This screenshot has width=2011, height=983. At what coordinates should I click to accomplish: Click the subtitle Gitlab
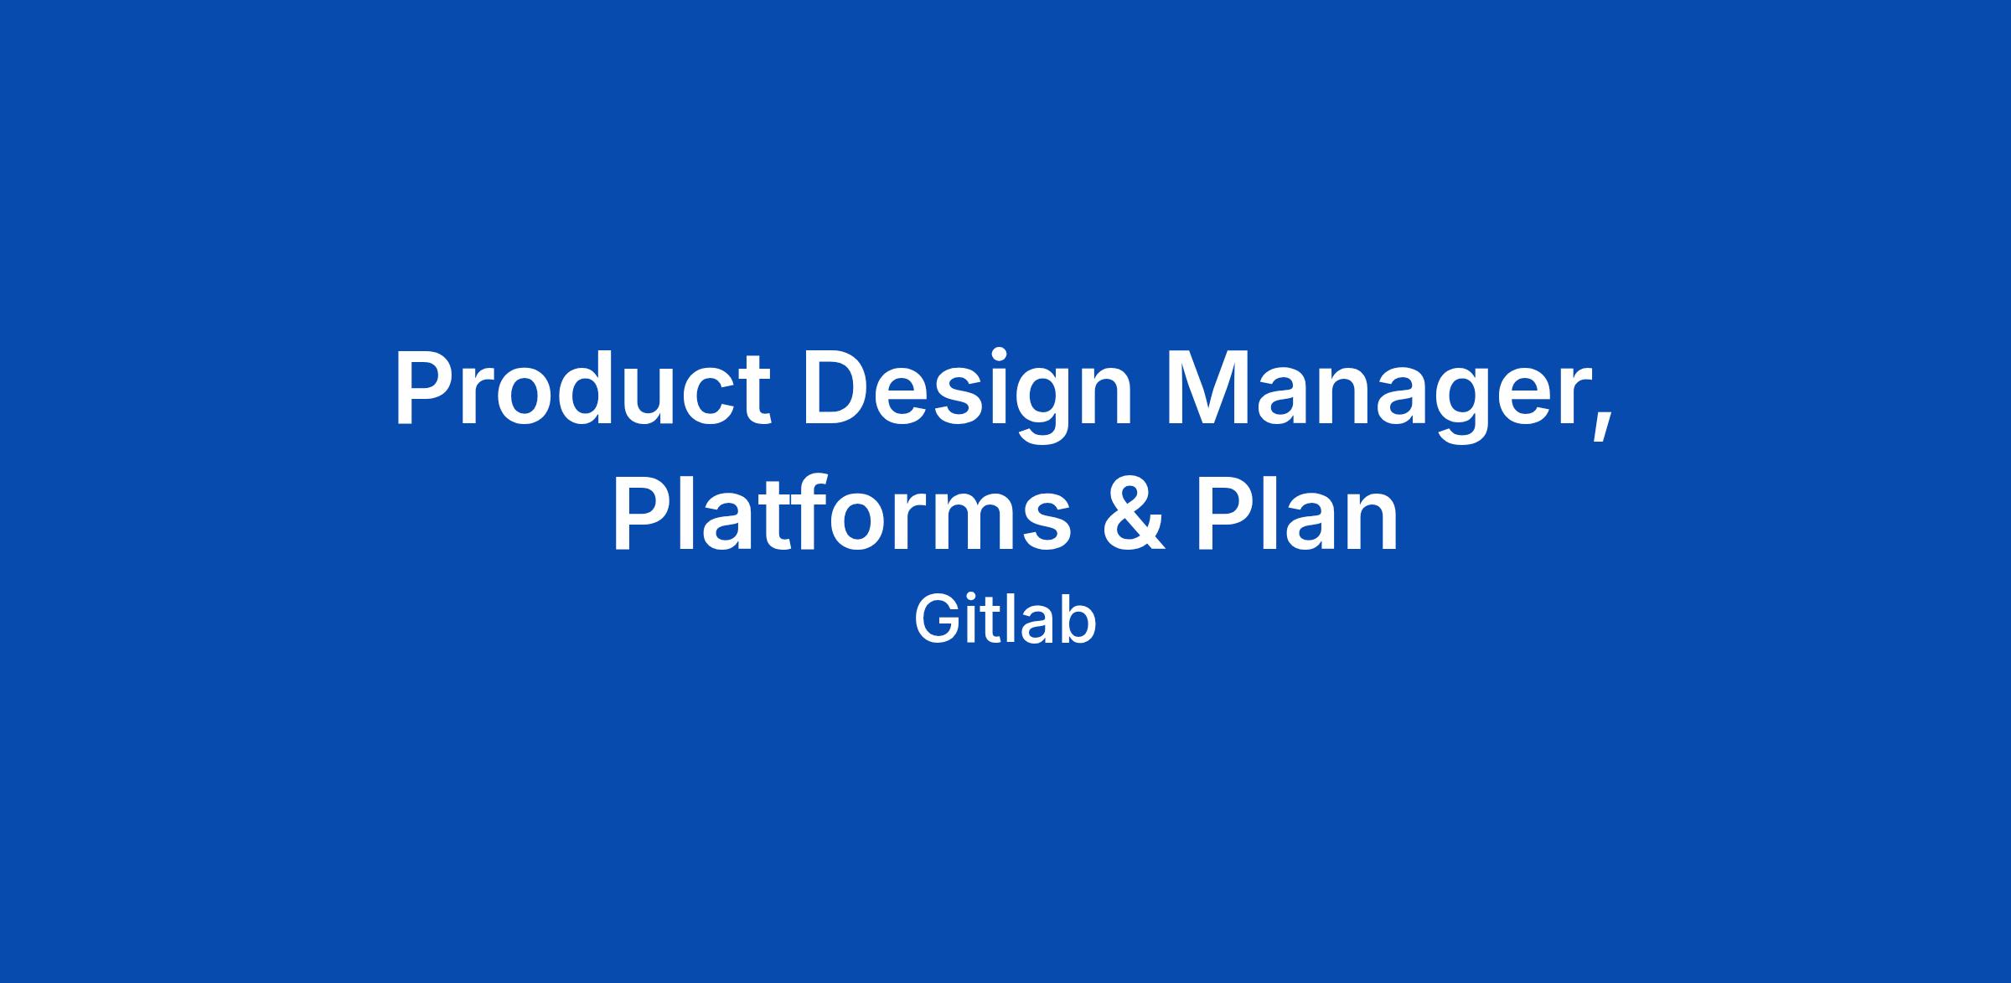click(x=1005, y=620)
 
